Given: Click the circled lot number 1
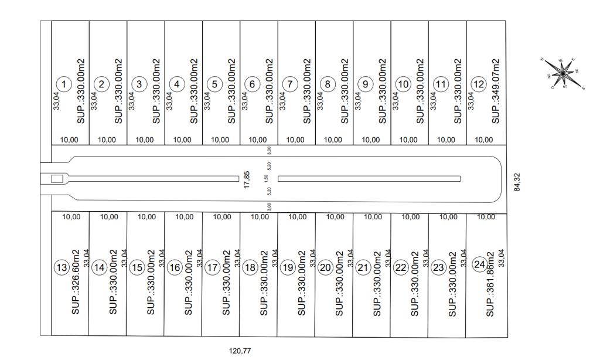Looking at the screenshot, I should [64, 84].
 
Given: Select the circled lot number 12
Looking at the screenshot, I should [479, 84].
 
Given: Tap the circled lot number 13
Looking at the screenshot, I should [62, 268].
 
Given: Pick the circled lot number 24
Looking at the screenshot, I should [480, 264].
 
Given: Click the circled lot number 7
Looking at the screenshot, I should [290, 84].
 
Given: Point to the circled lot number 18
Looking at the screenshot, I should [250, 268].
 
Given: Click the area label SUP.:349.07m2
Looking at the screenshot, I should [495, 91].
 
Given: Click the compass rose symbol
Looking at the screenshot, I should [562, 73].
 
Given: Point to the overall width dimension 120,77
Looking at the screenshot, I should [240, 351].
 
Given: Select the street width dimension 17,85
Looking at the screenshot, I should [247, 179].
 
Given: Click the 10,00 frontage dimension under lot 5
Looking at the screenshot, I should [220, 140].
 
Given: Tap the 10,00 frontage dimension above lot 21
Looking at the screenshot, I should [373, 217].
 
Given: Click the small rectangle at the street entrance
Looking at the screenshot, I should [57, 179].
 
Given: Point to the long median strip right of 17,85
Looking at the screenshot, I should [369, 179].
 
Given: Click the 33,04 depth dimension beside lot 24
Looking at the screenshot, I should [501, 259].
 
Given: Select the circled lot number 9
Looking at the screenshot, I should [365, 84].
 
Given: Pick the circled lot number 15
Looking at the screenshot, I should [137, 268].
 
